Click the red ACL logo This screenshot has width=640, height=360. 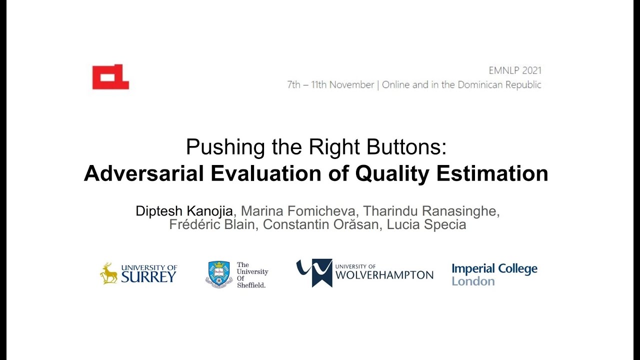pyautogui.click(x=110, y=77)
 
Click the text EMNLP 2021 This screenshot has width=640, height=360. pyautogui.click(x=515, y=70)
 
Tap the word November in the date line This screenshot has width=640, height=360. pyautogui.click(x=351, y=85)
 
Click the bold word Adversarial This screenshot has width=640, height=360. pyautogui.click(x=144, y=173)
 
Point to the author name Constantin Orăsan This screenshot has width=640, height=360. pyautogui.click(x=322, y=225)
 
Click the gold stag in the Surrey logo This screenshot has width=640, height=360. pyautogui.click(x=108, y=273)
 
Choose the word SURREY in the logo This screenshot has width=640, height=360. pyautogui.click(x=149, y=277)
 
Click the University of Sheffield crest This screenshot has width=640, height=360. pyautogui.click(x=219, y=273)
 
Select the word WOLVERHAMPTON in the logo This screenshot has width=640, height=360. pyautogui.click(x=384, y=275)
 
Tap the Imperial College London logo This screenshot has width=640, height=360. pyautogui.click(x=494, y=274)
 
